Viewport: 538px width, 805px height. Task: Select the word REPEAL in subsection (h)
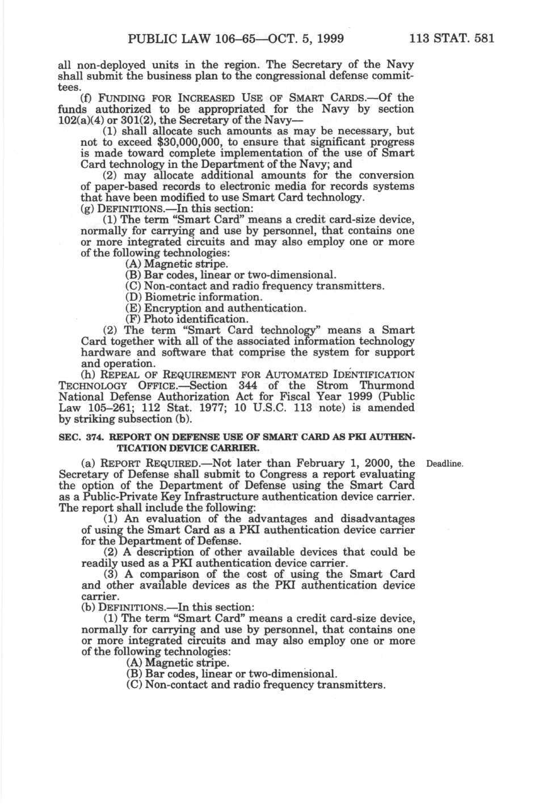point(125,375)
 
